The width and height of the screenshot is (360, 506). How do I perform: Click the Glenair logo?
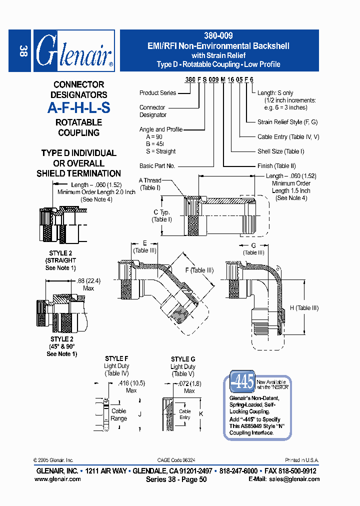coord(74,51)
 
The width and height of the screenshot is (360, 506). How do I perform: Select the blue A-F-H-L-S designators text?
coord(78,108)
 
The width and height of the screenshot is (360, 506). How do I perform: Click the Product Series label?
coord(157,93)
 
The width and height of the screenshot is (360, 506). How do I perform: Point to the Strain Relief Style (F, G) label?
coord(287,122)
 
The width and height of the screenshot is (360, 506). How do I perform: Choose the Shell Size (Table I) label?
coord(280,151)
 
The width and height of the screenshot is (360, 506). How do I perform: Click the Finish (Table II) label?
coord(277,166)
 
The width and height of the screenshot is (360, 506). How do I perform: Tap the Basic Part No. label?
coord(157,166)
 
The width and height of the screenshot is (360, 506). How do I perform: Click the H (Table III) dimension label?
coord(304,308)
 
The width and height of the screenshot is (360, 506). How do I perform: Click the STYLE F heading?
coord(116,359)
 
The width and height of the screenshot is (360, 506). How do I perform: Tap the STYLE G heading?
coord(183,359)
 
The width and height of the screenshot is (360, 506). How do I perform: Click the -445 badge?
coord(242,382)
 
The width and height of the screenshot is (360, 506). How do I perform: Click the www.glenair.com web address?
coord(57,479)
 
